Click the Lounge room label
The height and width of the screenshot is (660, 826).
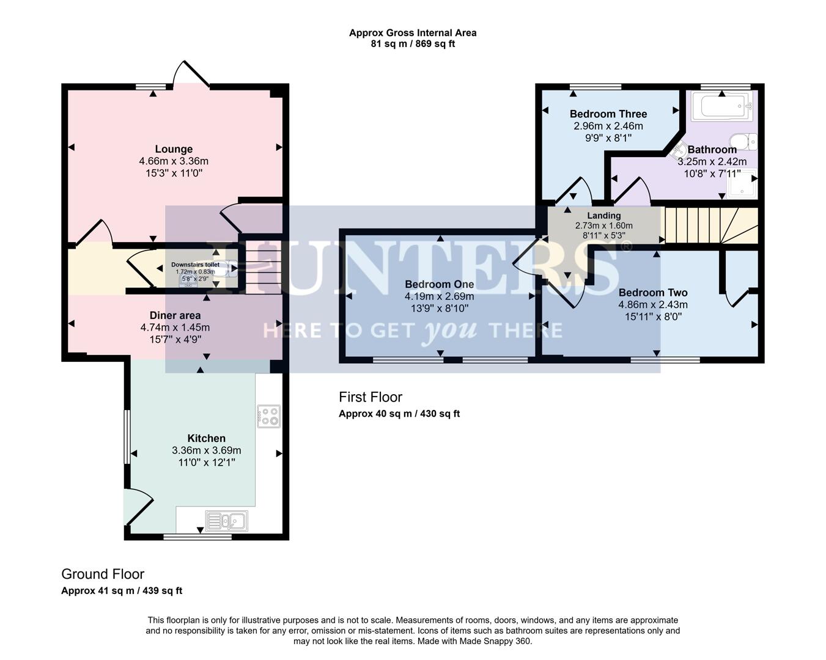point(174,149)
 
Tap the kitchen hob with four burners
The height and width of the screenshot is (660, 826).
point(269,416)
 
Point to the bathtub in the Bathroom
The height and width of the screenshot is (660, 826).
point(721,107)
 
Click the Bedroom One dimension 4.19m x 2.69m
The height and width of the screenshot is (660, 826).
point(439,296)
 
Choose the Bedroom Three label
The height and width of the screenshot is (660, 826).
point(608,114)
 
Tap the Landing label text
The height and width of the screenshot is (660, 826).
point(603,215)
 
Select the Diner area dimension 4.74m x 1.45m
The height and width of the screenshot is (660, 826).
point(175,328)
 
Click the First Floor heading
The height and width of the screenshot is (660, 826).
point(371,397)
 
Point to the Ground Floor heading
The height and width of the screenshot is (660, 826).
point(103,574)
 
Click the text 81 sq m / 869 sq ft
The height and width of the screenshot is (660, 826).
point(413,44)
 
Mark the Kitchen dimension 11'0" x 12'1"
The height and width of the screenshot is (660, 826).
point(207,463)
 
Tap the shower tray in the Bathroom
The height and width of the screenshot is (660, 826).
point(742,183)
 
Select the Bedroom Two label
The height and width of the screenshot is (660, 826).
point(653,293)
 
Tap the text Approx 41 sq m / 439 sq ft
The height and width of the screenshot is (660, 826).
point(122,591)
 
